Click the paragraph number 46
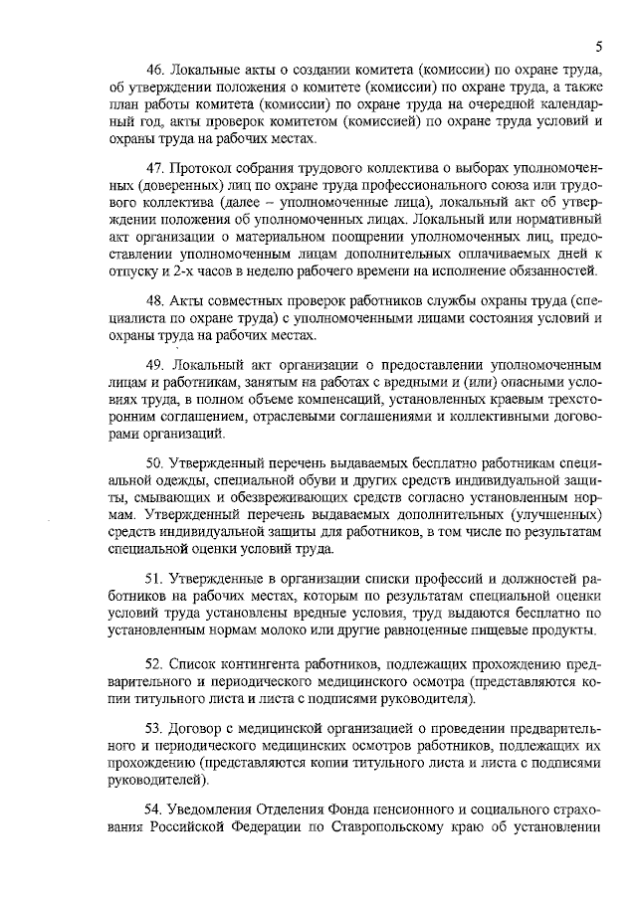[x=156, y=69]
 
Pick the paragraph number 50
[x=156, y=462]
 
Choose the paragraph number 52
[x=156, y=661]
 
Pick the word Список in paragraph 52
[x=195, y=661]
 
